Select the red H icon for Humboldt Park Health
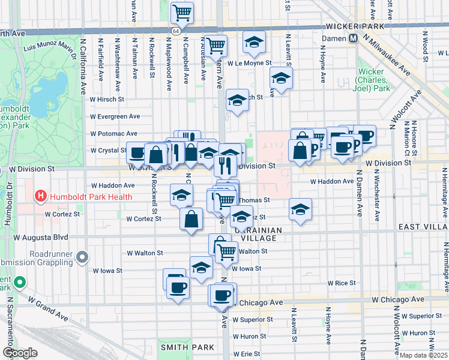tap(41, 196)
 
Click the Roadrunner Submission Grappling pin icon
tap(83, 257)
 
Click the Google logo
tap(20, 353)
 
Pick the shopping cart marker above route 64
tap(182, 11)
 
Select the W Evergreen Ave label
tap(115, 116)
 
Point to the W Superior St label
tap(253, 319)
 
